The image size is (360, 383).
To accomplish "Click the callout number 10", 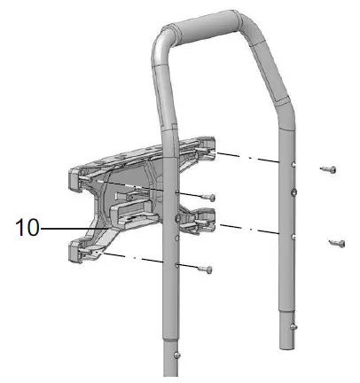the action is pyautogui.click(x=27, y=227).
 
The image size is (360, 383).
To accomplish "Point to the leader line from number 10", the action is pyautogui.click(x=74, y=229).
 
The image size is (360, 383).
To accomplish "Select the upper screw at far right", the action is pyautogui.click(x=328, y=169).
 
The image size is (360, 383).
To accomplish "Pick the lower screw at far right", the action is pyautogui.click(x=337, y=243).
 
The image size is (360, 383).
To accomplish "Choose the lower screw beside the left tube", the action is pyautogui.click(x=205, y=270).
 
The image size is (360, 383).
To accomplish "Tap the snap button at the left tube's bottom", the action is pyautogui.click(x=176, y=355).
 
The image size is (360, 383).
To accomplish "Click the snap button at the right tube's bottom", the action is pyautogui.click(x=293, y=327).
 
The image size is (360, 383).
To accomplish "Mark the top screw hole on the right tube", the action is pyautogui.click(x=293, y=165).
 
